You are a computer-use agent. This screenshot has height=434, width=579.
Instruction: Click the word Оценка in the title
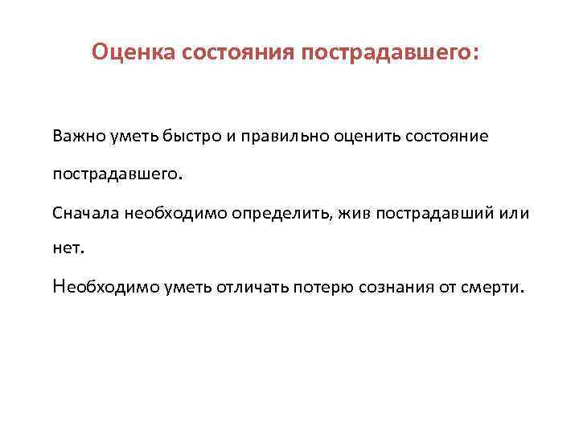tap(133, 52)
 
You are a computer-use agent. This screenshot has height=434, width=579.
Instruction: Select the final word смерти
tap(493, 287)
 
